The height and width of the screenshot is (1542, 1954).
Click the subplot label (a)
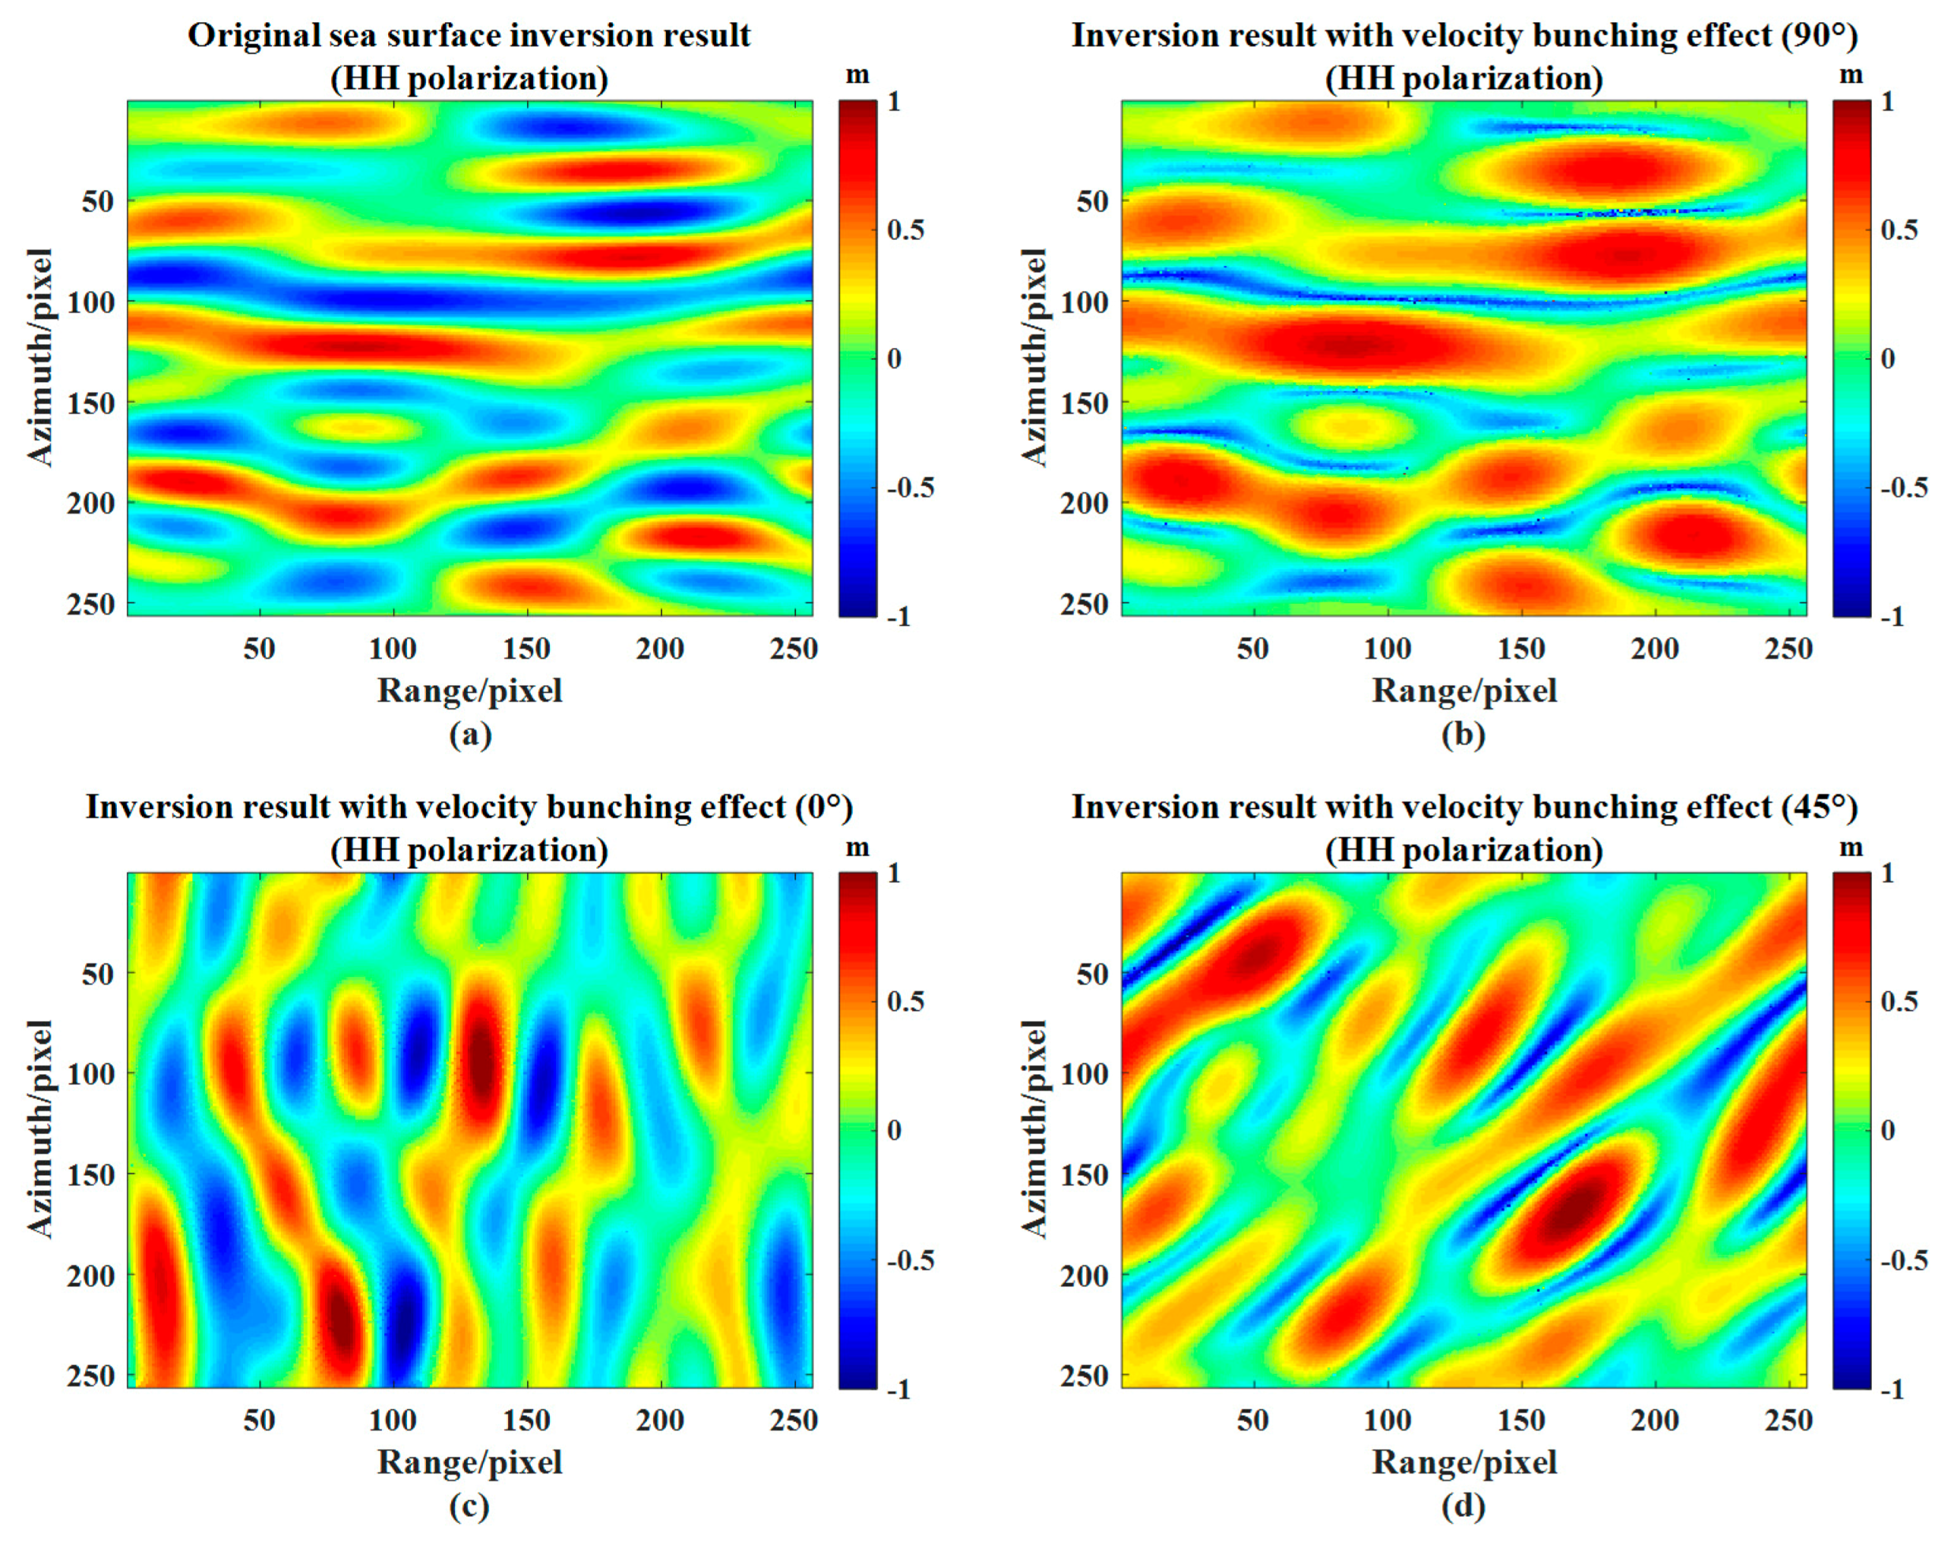(470, 734)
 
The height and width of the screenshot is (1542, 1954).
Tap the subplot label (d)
(1463, 1505)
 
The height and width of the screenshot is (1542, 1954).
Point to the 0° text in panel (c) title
(823, 807)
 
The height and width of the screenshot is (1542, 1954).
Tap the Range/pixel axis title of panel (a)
(469, 691)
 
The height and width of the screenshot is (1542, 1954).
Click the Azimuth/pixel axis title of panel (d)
(1034, 1128)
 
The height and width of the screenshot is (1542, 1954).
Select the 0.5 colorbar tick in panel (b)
(1899, 230)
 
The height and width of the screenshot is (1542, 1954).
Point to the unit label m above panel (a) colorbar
(857, 75)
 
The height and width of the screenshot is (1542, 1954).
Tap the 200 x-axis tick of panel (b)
(1653, 647)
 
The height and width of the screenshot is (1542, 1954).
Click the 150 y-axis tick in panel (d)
(1084, 1173)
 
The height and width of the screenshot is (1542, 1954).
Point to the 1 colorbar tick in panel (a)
(894, 101)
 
